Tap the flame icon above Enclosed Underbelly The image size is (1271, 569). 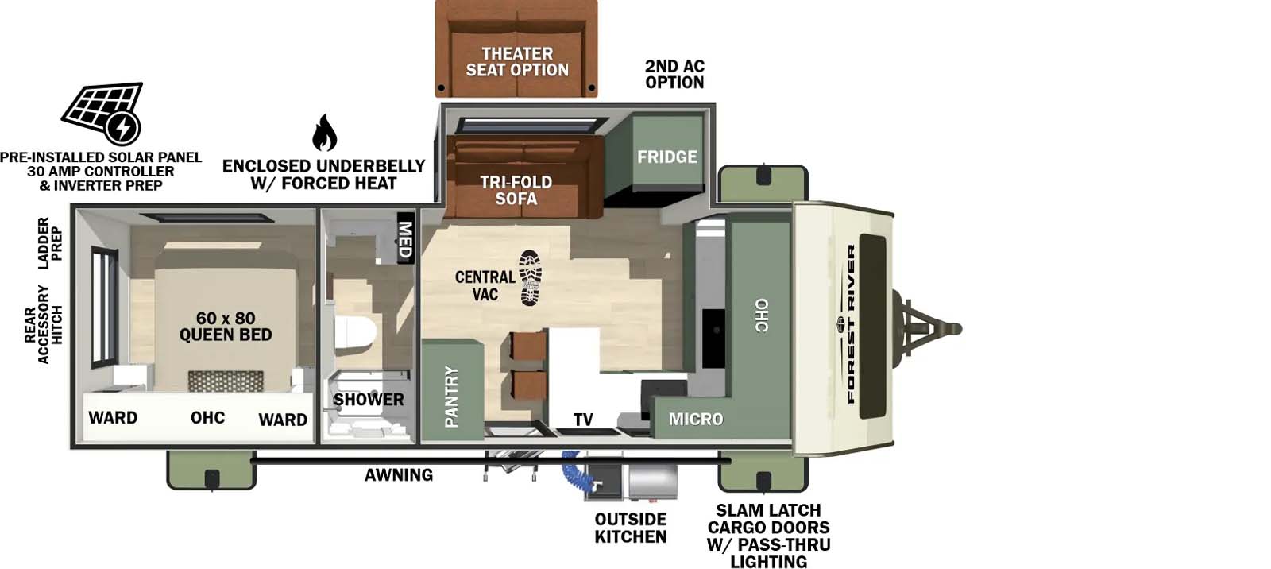click(324, 133)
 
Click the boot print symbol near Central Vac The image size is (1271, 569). click(531, 277)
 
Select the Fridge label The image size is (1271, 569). click(666, 157)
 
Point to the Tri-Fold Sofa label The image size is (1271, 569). click(516, 190)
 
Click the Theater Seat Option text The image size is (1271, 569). click(517, 62)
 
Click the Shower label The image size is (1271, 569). click(369, 400)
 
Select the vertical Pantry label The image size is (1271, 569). click(451, 396)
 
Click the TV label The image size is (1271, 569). click(583, 420)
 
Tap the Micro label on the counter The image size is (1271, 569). click(696, 419)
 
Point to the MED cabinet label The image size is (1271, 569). click(405, 238)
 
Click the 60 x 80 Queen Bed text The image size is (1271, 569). click(226, 327)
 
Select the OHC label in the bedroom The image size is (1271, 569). click(207, 418)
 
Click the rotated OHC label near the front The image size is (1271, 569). click(761, 315)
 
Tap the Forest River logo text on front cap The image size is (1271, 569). click(851, 324)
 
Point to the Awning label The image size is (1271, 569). click(399, 475)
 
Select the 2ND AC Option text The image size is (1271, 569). click(674, 74)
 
